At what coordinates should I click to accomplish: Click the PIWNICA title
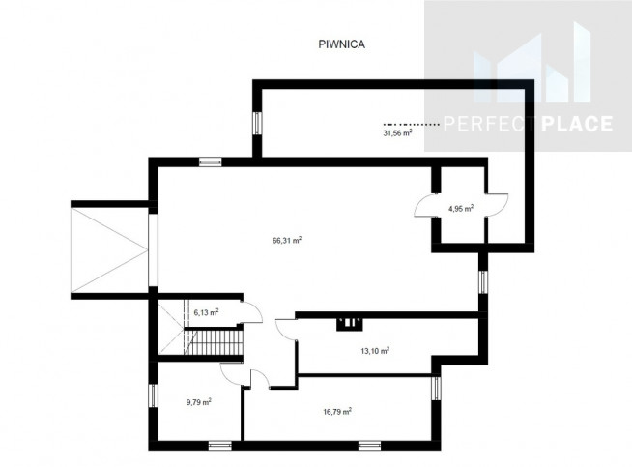point(342,44)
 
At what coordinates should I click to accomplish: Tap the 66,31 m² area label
point(287,241)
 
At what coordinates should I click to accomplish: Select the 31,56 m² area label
point(397,132)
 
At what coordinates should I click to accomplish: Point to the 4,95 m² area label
point(461,208)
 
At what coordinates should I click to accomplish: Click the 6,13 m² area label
point(207,312)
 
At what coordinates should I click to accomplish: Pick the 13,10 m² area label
point(375,350)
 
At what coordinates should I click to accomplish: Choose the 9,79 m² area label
point(199,402)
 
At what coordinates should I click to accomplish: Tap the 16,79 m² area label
point(337,411)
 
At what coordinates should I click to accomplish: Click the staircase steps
point(214,342)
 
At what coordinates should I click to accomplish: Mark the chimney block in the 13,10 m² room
point(350,324)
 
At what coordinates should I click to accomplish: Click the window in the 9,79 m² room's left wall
point(153,395)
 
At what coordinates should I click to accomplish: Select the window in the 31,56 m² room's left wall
point(257,123)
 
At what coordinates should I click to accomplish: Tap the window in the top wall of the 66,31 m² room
point(211,162)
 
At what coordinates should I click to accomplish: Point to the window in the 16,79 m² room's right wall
point(436,388)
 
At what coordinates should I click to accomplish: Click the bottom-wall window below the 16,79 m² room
point(369,445)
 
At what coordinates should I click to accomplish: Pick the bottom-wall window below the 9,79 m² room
point(220,445)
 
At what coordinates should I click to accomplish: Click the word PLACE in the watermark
point(577,124)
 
